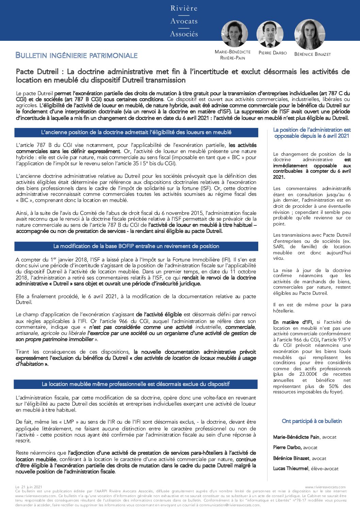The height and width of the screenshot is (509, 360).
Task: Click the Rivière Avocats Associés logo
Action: [x=184, y=21]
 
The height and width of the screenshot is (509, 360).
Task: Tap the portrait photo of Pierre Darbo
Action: [x=270, y=34]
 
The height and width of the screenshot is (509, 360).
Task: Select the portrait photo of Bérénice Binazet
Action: [x=309, y=34]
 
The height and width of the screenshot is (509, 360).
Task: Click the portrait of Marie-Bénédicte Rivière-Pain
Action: [x=234, y=34]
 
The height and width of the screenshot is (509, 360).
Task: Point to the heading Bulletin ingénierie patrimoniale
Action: [x=77, y=55]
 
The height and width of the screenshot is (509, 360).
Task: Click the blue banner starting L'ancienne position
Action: [x=136, y=132]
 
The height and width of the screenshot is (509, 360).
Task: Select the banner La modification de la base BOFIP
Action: [x=136, y=246]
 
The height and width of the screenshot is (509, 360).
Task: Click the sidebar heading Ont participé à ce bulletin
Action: [x=312, y=421]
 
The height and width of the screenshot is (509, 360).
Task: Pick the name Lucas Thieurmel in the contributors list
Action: [x=291, y=469]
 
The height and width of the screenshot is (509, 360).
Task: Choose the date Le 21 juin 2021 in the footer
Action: [x=29, y=487]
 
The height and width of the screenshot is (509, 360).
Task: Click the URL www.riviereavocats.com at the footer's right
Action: [x=325, y=487]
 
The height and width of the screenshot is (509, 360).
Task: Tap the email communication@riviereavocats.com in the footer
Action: [x=234, y=505]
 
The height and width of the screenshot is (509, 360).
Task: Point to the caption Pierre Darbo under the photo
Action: [x=273, y=53]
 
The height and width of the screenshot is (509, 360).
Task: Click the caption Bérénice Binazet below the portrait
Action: [x=312, y=54]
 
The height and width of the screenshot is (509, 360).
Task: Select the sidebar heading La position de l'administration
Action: [x=312, y=133]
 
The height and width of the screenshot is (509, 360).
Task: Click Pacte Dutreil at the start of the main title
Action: [x=37, y=72]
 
